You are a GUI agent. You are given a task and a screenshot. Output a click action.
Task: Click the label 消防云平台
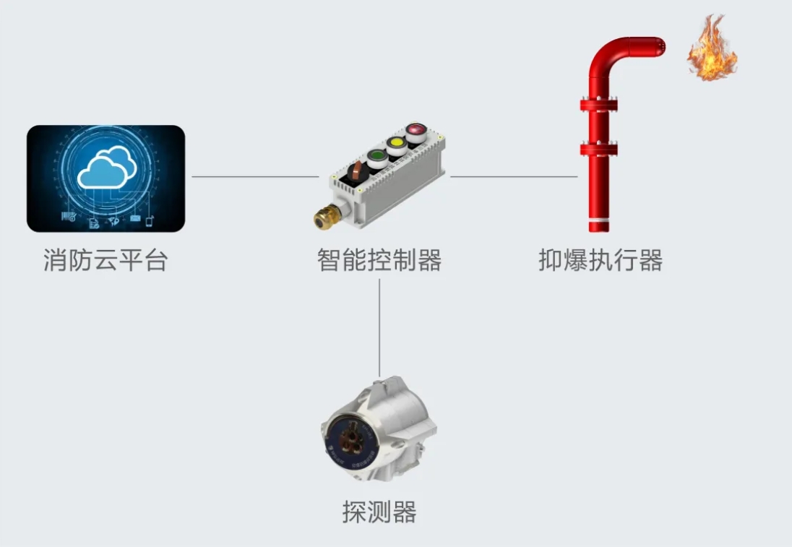pos(106,260)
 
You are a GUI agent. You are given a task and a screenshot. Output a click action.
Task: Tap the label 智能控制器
pos(379,260)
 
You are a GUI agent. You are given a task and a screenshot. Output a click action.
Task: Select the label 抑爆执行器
pos(601,260)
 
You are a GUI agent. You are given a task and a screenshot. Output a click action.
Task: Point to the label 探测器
pos(379,512)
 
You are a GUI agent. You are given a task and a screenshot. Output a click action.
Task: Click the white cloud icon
pos(106,168)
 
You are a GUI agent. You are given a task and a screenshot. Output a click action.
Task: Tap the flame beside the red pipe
pos(712,49)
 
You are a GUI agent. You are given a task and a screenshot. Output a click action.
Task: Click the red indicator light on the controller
pos(415,131)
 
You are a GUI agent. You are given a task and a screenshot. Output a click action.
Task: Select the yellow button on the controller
pos(396,143)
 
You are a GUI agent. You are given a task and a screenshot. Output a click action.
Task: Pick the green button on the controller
pos(376,155)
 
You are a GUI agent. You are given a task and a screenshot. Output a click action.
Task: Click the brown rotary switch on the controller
pos(357,171)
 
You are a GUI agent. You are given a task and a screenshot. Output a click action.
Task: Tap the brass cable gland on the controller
pos(323,216)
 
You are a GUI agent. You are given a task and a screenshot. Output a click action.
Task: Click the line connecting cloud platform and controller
pos(254,176)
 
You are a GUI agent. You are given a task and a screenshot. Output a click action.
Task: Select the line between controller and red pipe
pos(514,176)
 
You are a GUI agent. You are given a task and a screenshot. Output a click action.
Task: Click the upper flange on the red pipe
pos(598,105)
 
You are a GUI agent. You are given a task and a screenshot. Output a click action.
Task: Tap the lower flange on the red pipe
pos(598,150)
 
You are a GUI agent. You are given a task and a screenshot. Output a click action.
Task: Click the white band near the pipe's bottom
pos(598,219)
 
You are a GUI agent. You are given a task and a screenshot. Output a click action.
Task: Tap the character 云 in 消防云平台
pos(106,260)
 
